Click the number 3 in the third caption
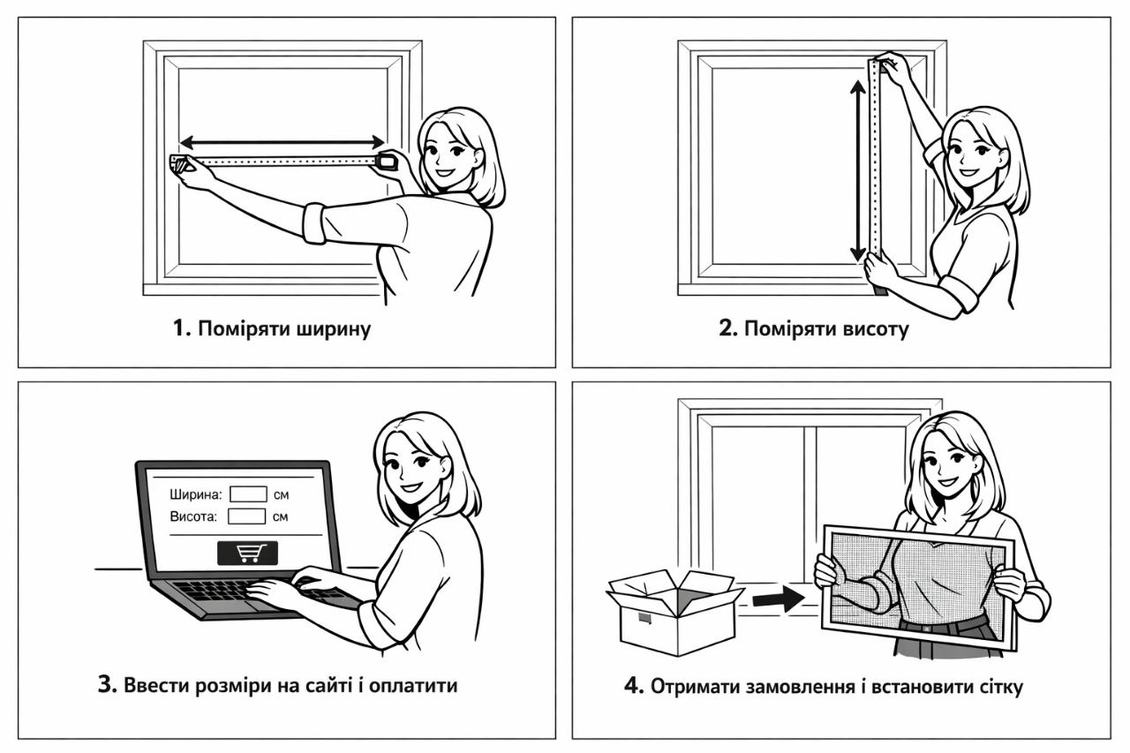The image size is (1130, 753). pos(107,685)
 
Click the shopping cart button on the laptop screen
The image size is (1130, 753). pos(247,553)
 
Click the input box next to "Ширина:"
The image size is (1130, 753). pos(247,494)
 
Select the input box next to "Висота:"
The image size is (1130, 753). pos(246,516)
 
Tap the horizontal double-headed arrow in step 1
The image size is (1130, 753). pos(282,141)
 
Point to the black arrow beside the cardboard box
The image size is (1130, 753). pos(778,599)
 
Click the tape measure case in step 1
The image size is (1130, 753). pos(387,161)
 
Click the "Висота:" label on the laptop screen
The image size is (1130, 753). pos(192,516)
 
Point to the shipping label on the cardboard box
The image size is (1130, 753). pos(644,618)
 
